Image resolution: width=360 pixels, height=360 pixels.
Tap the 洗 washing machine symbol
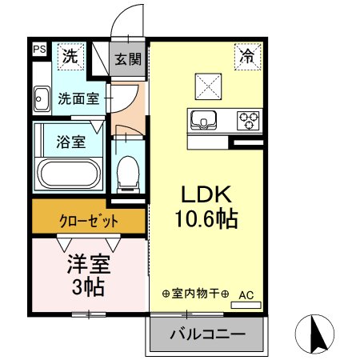71,57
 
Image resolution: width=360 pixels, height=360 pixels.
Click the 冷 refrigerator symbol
247,56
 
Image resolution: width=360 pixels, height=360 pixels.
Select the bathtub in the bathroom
69,174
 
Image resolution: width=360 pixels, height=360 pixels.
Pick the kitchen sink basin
206,122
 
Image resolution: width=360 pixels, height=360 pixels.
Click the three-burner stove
249,121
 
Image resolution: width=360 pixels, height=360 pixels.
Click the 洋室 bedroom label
88,263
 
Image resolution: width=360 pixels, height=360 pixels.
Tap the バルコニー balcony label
206,334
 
